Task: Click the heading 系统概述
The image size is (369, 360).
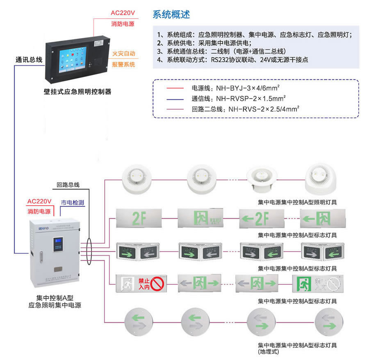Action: (171, 15)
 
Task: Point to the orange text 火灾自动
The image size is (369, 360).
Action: (123, 54)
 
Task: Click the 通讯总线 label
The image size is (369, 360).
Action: (29, 60)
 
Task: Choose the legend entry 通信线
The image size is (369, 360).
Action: (200, 98)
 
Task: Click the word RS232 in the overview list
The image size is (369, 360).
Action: (221, 60)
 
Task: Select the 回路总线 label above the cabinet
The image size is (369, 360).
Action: (68, 185)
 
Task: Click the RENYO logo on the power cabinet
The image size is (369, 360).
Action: (39, 226)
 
